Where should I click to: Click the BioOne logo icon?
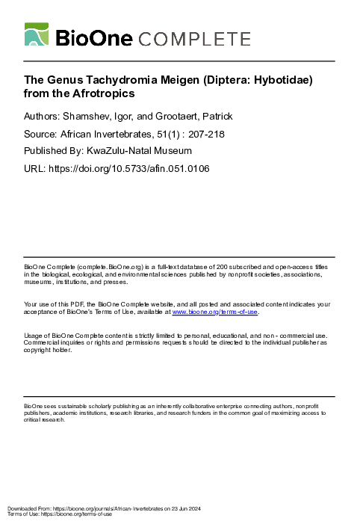pos(37,35)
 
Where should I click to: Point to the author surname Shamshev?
pos(92,117)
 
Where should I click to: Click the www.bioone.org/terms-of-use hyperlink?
pos(215,312)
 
